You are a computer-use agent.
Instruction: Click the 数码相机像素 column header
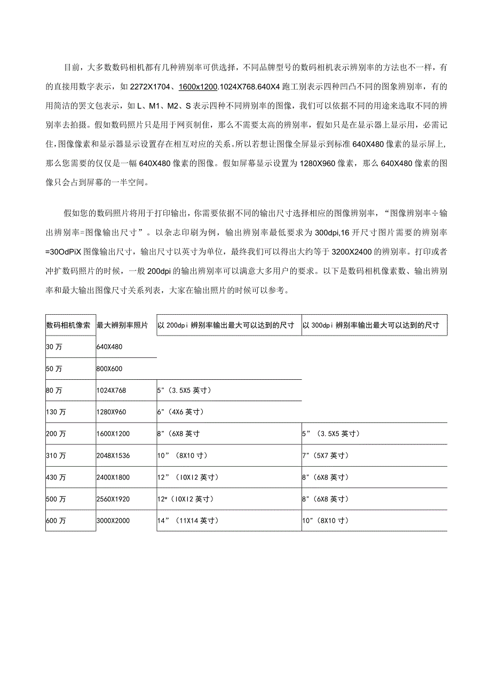click(68, 325)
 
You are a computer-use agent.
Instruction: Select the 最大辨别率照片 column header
click(122, 325)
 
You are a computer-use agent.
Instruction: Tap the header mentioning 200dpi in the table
click(226, 325)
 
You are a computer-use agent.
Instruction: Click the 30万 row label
click(54, 347)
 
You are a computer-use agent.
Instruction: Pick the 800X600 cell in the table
click(109, 369)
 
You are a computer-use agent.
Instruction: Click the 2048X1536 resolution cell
click(113, 456)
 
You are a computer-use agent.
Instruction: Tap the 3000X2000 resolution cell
click(113, 520)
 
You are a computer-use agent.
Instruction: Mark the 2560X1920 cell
click(113, 499)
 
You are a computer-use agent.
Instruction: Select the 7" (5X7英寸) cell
click(326, 456)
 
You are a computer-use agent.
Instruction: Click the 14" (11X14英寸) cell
click(187, 520)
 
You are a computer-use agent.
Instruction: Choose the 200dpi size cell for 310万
click(182, 456)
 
